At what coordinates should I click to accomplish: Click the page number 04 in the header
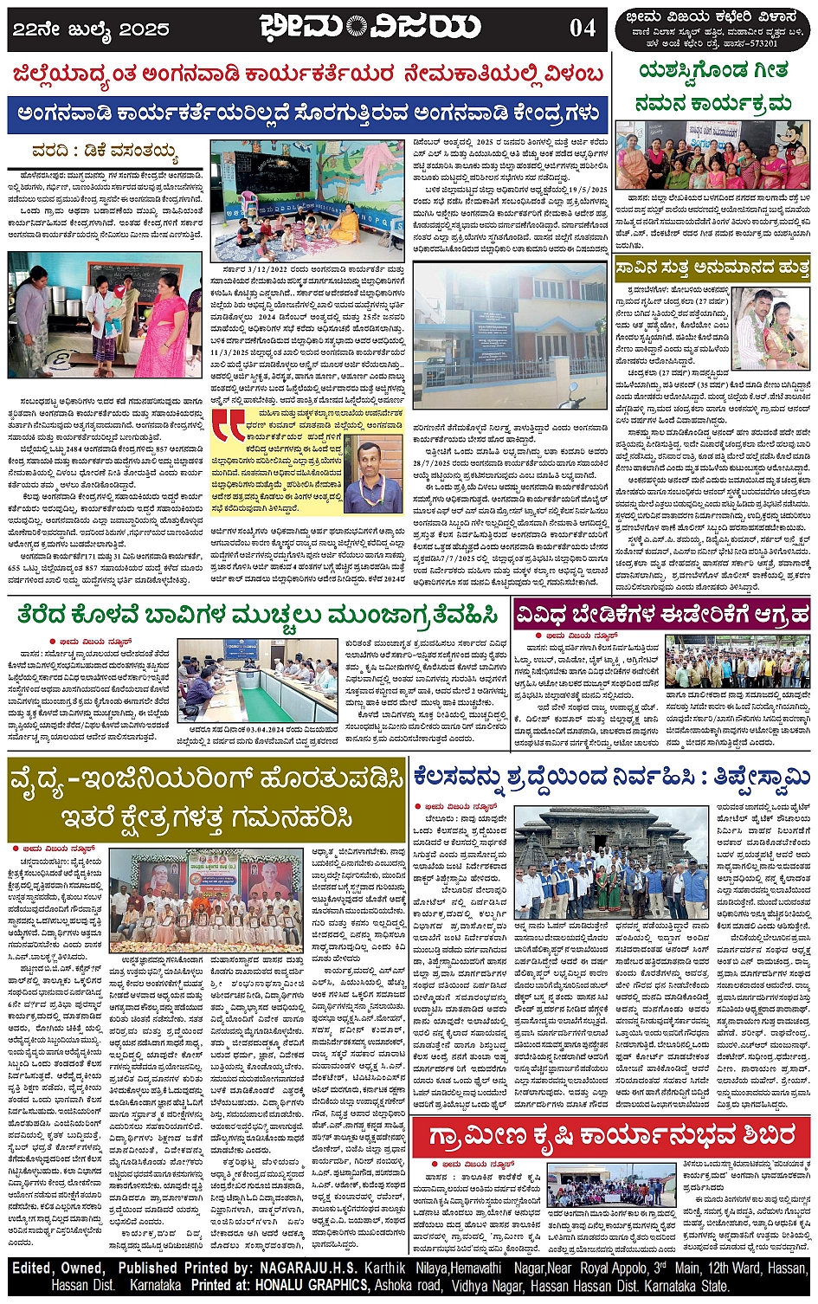[x=582, y=29]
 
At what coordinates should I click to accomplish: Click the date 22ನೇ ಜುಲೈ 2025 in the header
[x=91, y=29]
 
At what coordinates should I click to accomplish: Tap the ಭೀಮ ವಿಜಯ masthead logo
[x=370, y=28]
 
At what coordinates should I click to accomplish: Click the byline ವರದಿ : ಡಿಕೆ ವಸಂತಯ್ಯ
[x=106, y=153]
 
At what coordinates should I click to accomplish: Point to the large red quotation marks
[x=230, y=426]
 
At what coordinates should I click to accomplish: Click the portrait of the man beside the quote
[x=378, y=467]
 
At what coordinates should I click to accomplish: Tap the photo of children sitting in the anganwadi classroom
[x=306, y=201]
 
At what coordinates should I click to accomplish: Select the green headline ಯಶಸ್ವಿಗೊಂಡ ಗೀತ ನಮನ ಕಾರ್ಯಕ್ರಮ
[x=712, y=87]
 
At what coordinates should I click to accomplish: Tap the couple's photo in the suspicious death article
[x=770, y=329]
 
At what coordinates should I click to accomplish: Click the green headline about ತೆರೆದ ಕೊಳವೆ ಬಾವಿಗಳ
[x=258, y=616]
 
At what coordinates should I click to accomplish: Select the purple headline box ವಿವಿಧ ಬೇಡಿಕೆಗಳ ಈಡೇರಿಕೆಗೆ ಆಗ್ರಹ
[x=662, y=616]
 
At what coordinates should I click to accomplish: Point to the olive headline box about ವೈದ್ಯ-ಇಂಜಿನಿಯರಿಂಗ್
[x=206, y=797]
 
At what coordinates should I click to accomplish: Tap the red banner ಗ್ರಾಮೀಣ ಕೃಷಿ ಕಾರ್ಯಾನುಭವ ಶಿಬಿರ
[x=611, y=1135]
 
